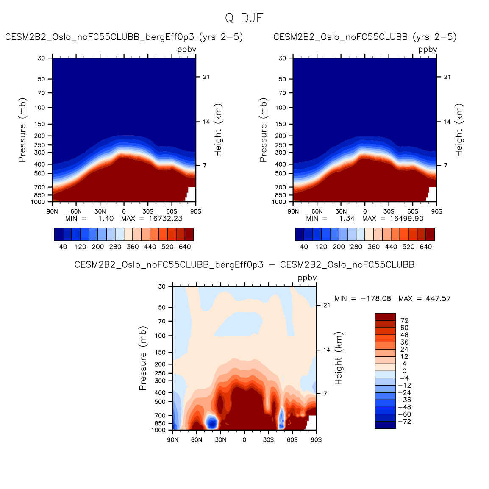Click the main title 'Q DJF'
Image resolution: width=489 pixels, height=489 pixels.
pos(244,18)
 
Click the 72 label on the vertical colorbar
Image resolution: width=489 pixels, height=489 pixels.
pos(404,321)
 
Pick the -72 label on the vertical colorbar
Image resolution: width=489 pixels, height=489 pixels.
pos(405,422)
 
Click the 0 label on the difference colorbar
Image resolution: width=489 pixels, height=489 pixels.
pos(404,371)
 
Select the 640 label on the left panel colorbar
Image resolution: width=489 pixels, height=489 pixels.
pos(185,247)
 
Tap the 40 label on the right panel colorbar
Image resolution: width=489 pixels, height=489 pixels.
pos(304,247)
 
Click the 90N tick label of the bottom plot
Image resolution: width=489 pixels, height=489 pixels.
pos(172,440)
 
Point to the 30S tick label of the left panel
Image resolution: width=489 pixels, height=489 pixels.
pos(148,211)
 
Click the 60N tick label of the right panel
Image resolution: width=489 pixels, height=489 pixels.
pos(317,211)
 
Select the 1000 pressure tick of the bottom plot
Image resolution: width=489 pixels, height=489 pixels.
pos(159,430)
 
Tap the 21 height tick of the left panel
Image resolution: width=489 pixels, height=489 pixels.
pos(206,77)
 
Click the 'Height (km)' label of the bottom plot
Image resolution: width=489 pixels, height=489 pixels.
pos(339,358)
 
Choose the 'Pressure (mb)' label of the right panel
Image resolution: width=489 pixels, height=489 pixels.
pos(263,130)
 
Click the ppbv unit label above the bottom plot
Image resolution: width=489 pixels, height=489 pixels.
pos(307,278)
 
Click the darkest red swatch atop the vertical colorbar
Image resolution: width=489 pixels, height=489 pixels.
pos(385,317)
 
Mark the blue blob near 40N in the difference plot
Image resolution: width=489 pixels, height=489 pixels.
pos(212,422)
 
